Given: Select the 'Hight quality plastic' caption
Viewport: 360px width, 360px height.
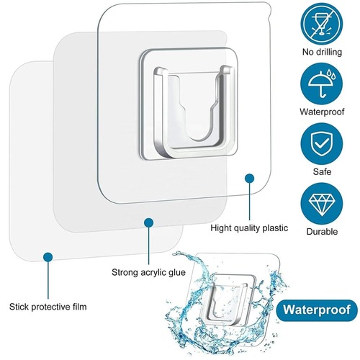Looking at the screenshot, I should point(249,228).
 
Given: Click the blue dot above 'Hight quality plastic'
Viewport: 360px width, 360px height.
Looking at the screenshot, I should point(250,176).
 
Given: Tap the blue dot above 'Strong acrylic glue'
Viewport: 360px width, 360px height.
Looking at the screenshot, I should point(149,223).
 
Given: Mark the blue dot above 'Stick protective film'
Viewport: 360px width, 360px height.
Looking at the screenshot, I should point(48,256).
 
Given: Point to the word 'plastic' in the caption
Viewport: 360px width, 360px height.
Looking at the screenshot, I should point(274,228).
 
